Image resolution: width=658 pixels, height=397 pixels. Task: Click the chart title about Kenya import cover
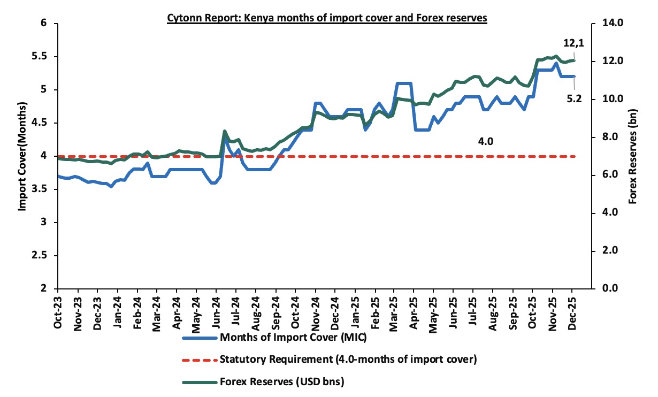[327, 18]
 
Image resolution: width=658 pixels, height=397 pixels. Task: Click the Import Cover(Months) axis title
[22, 156]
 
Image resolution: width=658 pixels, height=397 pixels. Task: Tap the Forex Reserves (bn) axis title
[634, 156]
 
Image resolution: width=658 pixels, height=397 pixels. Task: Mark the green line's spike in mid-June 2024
[224, 131]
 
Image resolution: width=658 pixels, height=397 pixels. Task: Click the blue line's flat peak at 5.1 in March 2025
[404, 83]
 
